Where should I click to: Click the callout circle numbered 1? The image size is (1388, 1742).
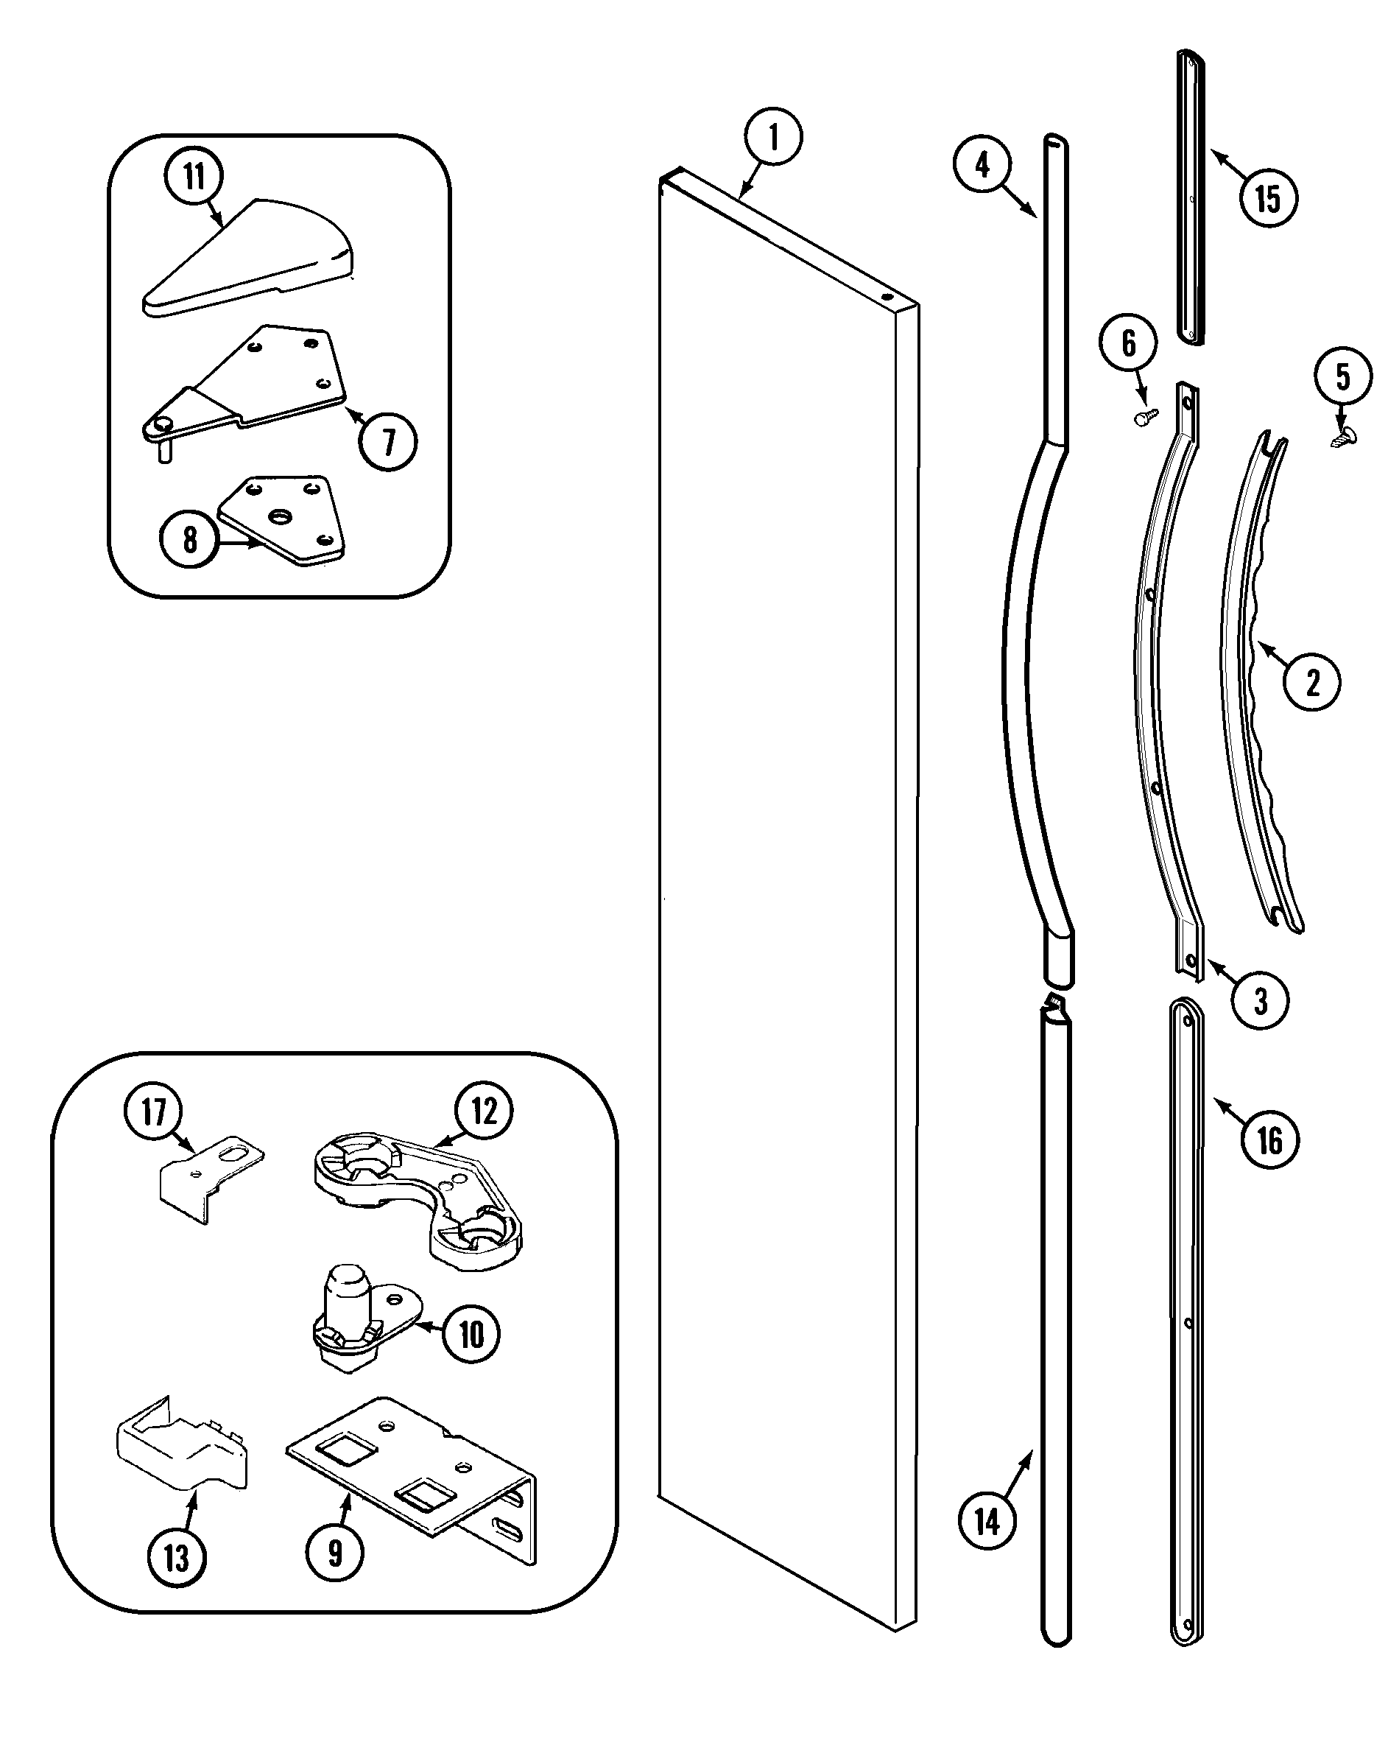(x=773, y=137)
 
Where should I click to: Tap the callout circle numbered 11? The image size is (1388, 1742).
(x=194, y=176)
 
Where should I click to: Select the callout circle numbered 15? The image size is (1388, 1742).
(x=1268, y=198)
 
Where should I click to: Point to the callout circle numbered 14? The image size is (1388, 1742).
(x=987, y=1522)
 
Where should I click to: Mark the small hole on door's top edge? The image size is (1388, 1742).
(x=887, y=297)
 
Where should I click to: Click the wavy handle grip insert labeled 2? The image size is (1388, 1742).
(x=1261, y=686)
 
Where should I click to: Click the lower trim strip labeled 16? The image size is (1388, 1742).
(x=1186, y=1317)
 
